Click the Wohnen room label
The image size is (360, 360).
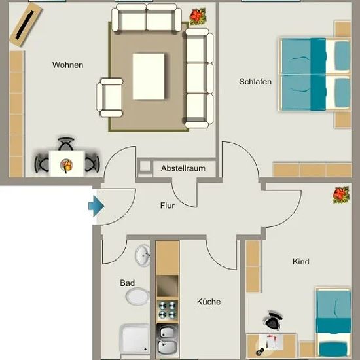coord(67,65)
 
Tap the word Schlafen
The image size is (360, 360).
coord(255,82)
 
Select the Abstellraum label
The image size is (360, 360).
coord(183,168)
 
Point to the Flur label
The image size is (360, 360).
coord(168,206)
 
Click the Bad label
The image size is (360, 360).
coord(127,283)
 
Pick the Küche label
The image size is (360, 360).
coord(209,302)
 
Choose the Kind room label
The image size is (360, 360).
coord(301,262)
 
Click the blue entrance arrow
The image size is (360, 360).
coord(96,206)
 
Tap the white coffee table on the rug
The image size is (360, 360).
coord(149,77)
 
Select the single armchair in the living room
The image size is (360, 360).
coord(109,98)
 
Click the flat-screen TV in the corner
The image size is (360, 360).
coord(26,25)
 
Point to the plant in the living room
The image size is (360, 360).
coord(198,16)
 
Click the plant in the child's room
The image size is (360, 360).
coord(341,194)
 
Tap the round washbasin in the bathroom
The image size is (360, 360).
coord(143,255)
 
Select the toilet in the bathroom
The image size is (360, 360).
coord(137,297)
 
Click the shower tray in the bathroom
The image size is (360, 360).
coord(135,339)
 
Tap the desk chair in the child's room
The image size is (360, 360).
coord(273,321)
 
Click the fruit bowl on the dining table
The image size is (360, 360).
coord(67,166)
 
